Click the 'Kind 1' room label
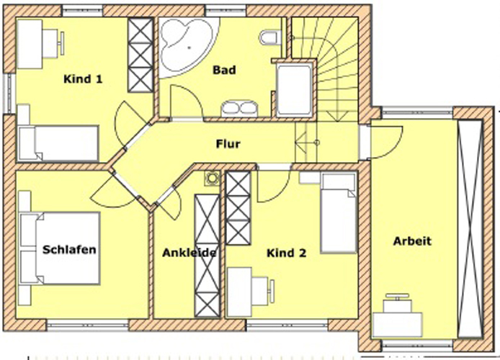[83, 79]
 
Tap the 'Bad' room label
[224, 70]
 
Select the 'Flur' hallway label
[228, 144]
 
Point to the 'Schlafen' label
[69, 249]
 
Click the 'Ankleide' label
[189, 253]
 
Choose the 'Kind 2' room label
[286, 253]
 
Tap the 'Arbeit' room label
[412, 241]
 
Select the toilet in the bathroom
[269, 37]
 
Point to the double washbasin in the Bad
[240, 109]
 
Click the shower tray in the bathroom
[294, 90]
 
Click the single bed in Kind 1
[58, 143]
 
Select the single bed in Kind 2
[339, 213]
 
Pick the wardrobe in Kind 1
[140, 55]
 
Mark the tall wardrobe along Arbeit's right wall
[470, 228]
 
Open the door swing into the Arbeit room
[386, 143]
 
